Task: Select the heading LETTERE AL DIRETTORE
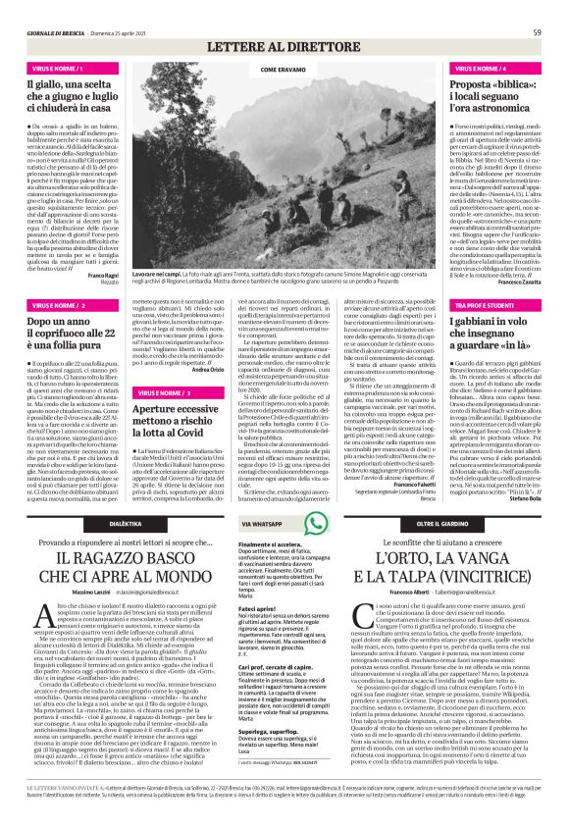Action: (x=284, y=47)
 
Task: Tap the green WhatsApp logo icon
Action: (x=245, y=525)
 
